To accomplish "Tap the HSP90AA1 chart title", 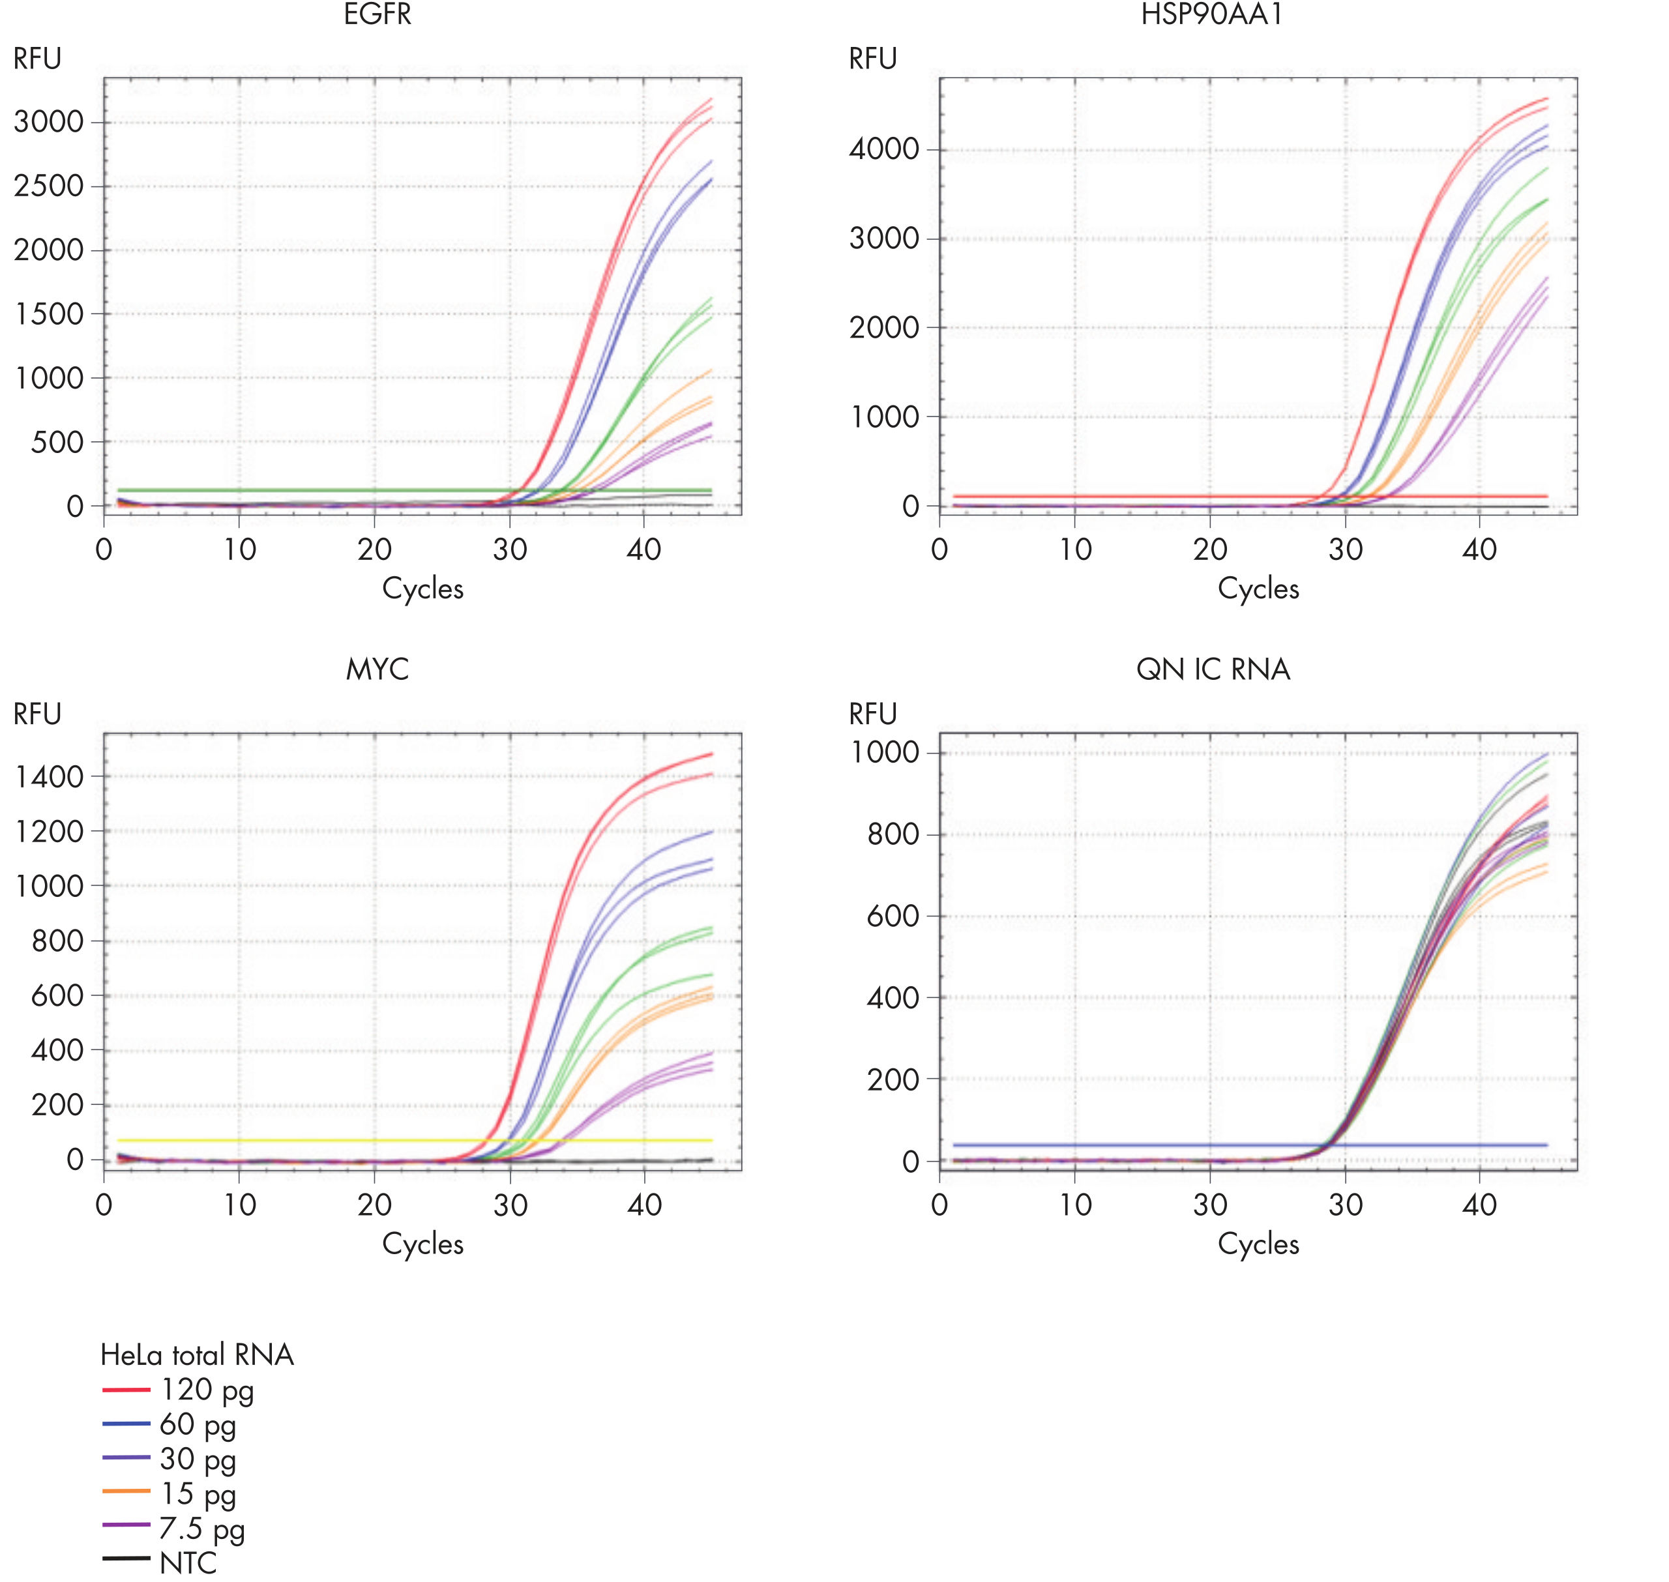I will (x=1212, y=14).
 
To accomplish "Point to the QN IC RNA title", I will (x=1213, y=669).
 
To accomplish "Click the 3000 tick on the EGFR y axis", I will (x=49, y=123).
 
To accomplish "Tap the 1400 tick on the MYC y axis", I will (x=49, y=777).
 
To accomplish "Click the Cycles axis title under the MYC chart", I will (x=422, y=1244).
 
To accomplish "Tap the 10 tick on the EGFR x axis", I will (x=239, y=549).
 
